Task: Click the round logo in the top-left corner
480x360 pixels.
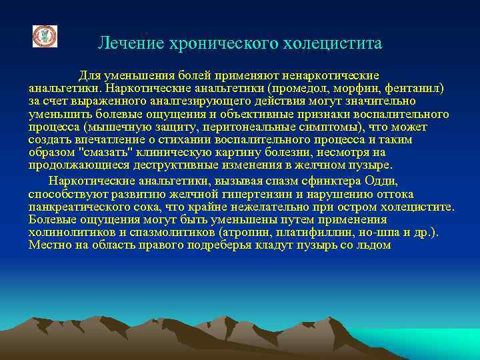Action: pyautogui.click(x=45, y=36)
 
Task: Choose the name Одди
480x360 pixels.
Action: pyautogui.click(x=381, y=181)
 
